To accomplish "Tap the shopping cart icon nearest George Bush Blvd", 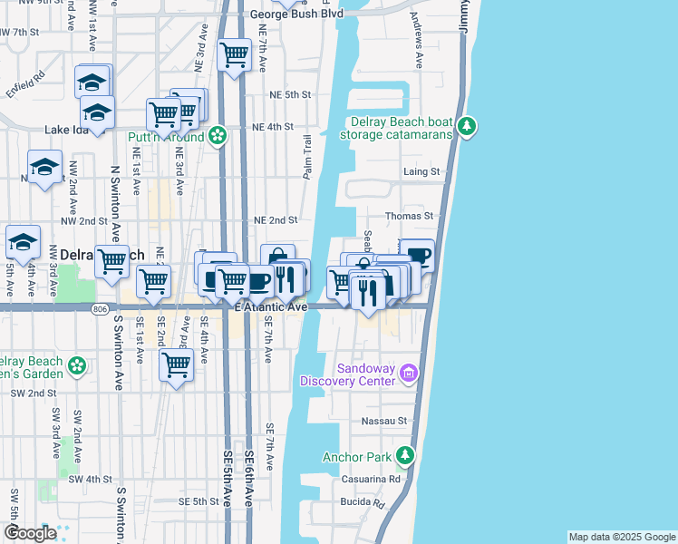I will coord(235,54).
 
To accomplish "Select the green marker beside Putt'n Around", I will coord(218,137).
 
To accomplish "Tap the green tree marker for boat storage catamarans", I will coord(467,126).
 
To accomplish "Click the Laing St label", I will coord(421,171).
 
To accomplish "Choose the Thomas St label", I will coord(410,217).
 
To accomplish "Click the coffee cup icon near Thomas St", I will coord(418,255).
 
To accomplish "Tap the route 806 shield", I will coord(97,308).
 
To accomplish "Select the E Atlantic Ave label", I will coord(271,308).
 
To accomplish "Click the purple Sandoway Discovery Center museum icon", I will coord(409,373).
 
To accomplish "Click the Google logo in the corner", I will coord(29,533).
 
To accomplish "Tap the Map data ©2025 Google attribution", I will coord(621,537).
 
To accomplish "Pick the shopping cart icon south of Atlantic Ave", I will coord(175,365).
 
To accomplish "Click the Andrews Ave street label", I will coord(418,53).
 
